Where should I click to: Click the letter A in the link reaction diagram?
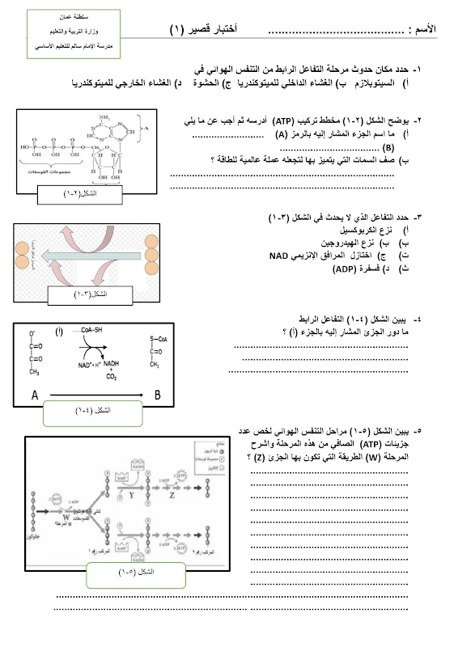point(35,395)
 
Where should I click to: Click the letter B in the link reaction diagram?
point(157,395)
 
